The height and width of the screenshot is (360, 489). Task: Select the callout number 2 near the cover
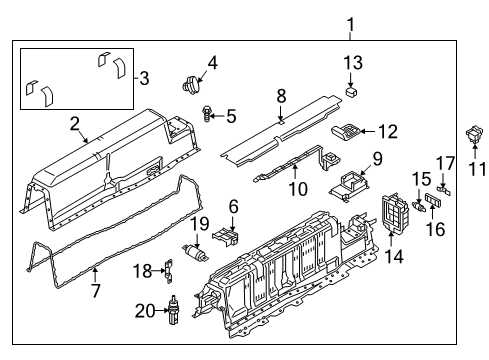tap(74, 124)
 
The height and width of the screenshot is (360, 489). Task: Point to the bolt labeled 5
tap(207, 115)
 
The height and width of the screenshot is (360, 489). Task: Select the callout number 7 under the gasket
tap(97, 291)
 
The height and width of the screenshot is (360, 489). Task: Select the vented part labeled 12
tap(347, 131)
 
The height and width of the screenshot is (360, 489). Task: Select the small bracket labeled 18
tap(170, 269)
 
